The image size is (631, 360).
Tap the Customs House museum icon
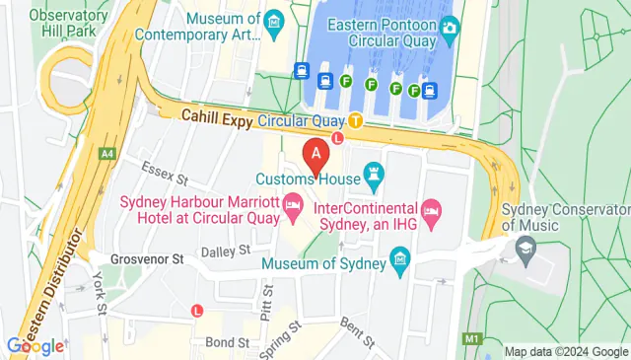(373, 180)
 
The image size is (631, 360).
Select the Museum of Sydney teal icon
(400, 262)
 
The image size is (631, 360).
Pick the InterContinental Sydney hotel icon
(431, 209)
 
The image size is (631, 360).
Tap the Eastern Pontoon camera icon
(451, 26)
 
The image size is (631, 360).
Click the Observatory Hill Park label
(68, 23)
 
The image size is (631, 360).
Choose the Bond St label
(228, 342)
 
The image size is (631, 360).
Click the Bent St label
(357, 334)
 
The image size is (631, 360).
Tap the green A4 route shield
(105, 153)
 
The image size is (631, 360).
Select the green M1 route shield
(472, 339)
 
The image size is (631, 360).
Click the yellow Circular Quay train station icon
(355, 121)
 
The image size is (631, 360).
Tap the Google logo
(35, 345)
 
